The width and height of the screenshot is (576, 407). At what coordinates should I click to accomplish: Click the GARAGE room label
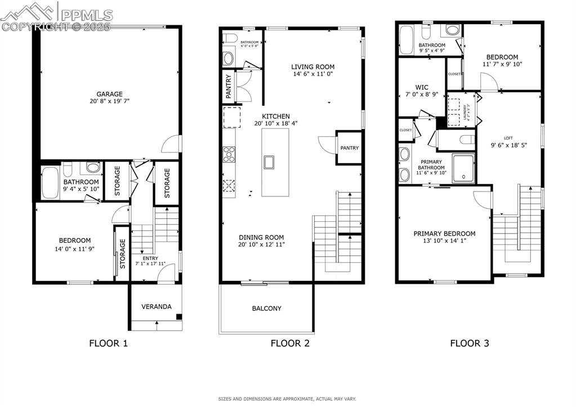point(109,94)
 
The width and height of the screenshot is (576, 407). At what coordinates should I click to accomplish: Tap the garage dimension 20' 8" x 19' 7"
point(109,101)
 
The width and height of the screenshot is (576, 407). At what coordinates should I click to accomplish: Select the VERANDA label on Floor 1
point(156,307)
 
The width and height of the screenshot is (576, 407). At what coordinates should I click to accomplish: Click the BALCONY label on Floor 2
point(266,308)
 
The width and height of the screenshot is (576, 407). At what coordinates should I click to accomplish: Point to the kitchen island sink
point(269,162)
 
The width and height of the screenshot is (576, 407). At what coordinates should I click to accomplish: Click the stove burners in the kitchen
point(229,154)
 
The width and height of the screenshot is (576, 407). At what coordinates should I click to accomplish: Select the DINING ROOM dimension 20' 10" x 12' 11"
point(261,244)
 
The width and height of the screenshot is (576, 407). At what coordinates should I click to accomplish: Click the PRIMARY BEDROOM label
point(444,234)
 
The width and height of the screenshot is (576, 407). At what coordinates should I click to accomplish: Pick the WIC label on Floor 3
point(422,87)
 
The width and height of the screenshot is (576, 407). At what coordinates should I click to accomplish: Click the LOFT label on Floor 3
point(508,138)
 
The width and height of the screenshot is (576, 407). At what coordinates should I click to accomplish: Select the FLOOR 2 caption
point(290,343)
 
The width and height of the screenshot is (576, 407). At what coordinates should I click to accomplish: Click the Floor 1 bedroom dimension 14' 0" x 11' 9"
point(74,248)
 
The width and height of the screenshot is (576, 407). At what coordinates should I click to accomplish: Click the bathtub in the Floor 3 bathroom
point(407,38)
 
